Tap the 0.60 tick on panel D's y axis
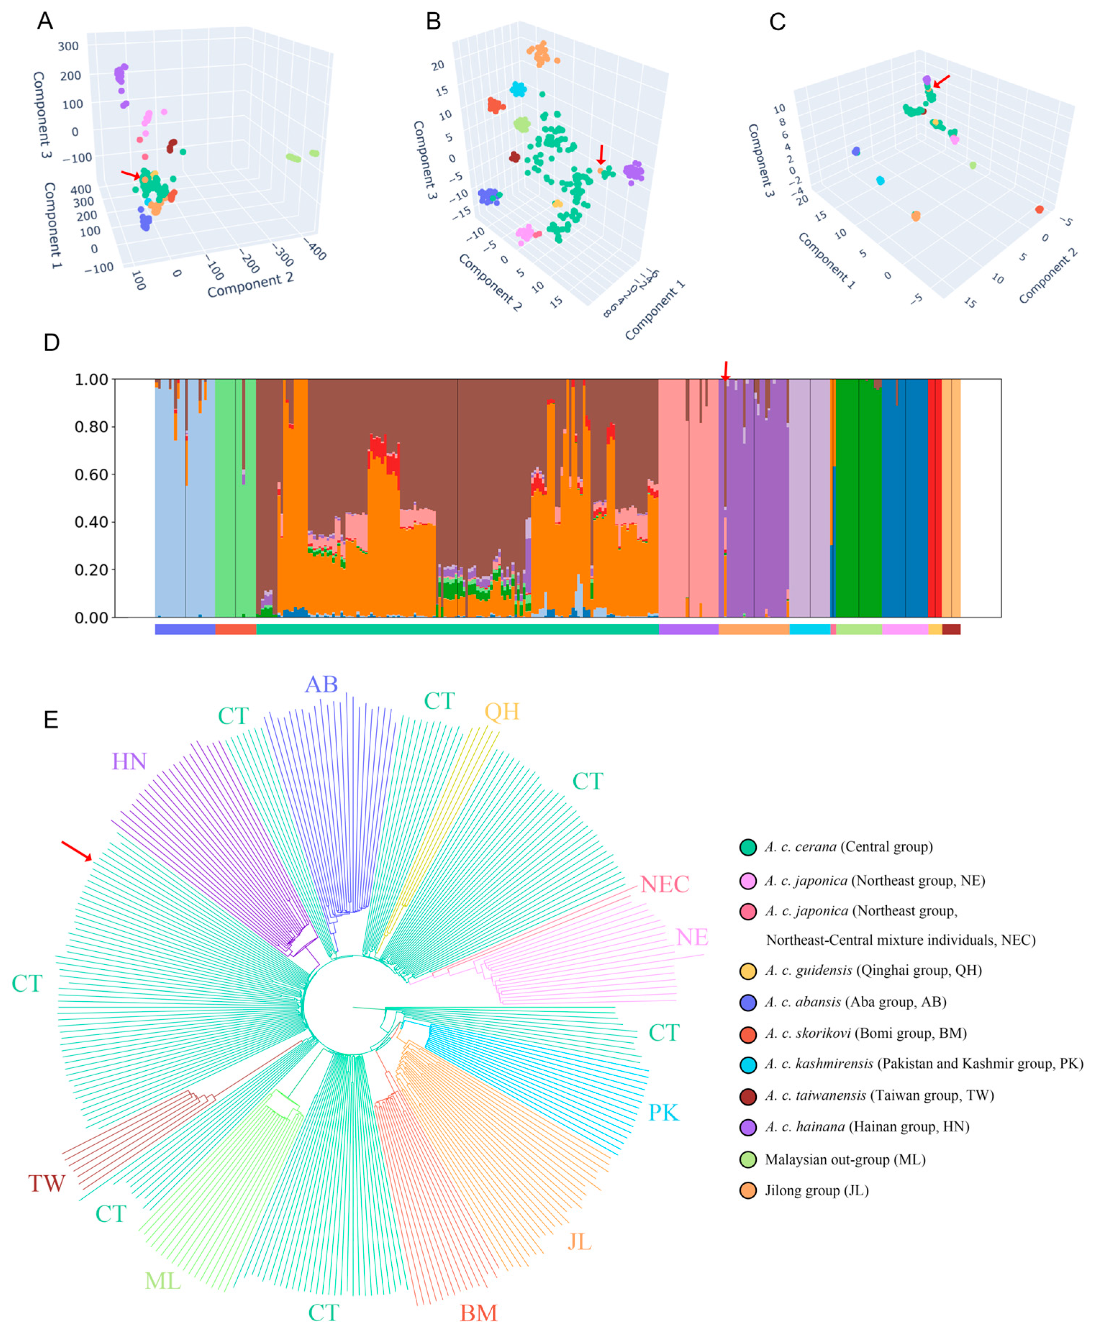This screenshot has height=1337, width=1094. pyautogui.click(x=91, y=474)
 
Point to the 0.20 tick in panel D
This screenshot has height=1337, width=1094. pyautogui.click(x=91, y=569)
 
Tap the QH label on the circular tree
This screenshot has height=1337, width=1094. pyautogui.click(x=502, y=712)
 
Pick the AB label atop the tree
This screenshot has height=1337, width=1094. pyautogui.click(x=322, y=685)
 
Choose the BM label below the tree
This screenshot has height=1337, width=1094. pyautogui.click(x=478, y=1313)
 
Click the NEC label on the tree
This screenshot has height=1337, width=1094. pyautogui.click(x=665, y=884)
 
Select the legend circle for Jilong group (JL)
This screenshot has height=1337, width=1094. pyautogui.click(x=748, y=1191)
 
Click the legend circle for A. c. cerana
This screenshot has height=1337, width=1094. pyautogui.click(x=748, y=847)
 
